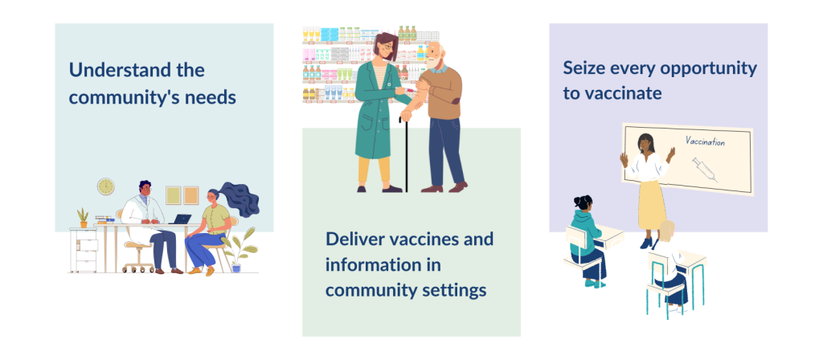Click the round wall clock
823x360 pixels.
[x=105, y=186]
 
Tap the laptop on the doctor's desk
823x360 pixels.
[x=181, y=219]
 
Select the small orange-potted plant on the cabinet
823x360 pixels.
[x=83, y=218]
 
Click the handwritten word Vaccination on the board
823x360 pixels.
[x=705, y=141]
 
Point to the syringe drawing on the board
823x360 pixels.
[x=704, y=169]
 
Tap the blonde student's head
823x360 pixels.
[x=666, y=231]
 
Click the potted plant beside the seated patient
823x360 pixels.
[x=239, y=251]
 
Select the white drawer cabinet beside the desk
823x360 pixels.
[x=83, y=251]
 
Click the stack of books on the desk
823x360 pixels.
[x=104, y=219]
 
